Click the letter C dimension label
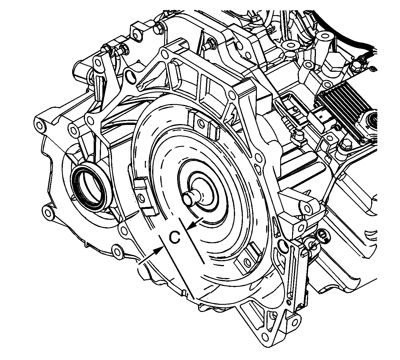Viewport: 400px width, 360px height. (175, 237)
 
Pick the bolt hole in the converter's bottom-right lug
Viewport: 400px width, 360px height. (247, 262)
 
